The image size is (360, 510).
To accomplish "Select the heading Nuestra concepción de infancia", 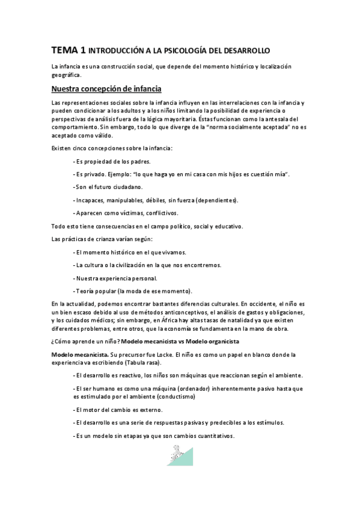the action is (x=106, y=89).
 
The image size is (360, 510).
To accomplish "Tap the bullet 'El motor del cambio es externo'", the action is (x=118, y=410).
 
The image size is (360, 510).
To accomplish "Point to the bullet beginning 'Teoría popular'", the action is (x=132, y=290).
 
